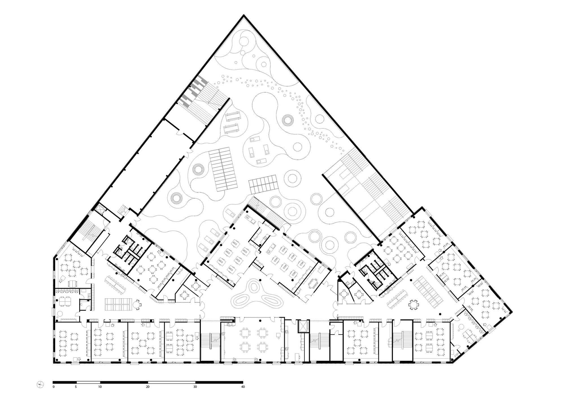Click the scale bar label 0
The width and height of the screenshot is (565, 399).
pos(53,387)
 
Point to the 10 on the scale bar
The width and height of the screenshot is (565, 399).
pos(100,387)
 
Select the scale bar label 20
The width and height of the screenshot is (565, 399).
pos(147,387)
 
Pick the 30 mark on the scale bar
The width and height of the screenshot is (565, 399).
pos(195,387)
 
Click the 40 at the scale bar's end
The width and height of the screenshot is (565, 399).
pos(243,387)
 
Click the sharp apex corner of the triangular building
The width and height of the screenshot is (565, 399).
pos(244,16)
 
